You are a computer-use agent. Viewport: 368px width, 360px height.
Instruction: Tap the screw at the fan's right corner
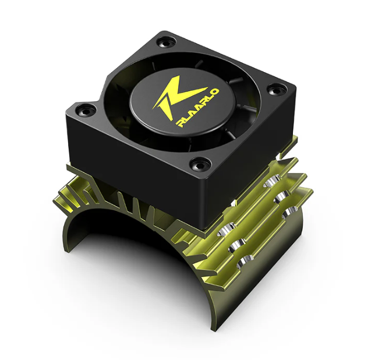pos(274,89)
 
